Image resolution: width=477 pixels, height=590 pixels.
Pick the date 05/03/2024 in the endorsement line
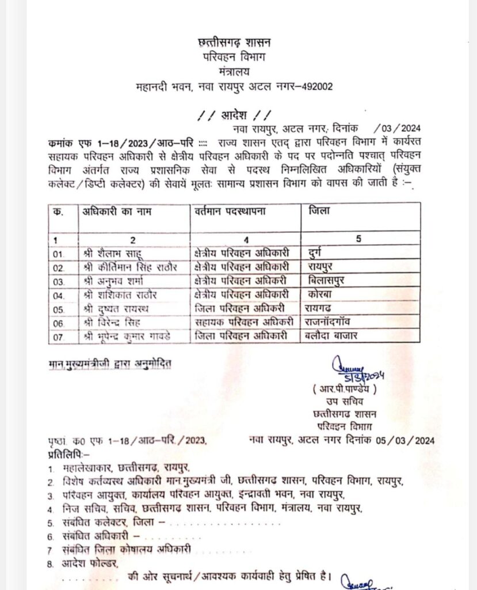pyautogui.click(x=406, y=441)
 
